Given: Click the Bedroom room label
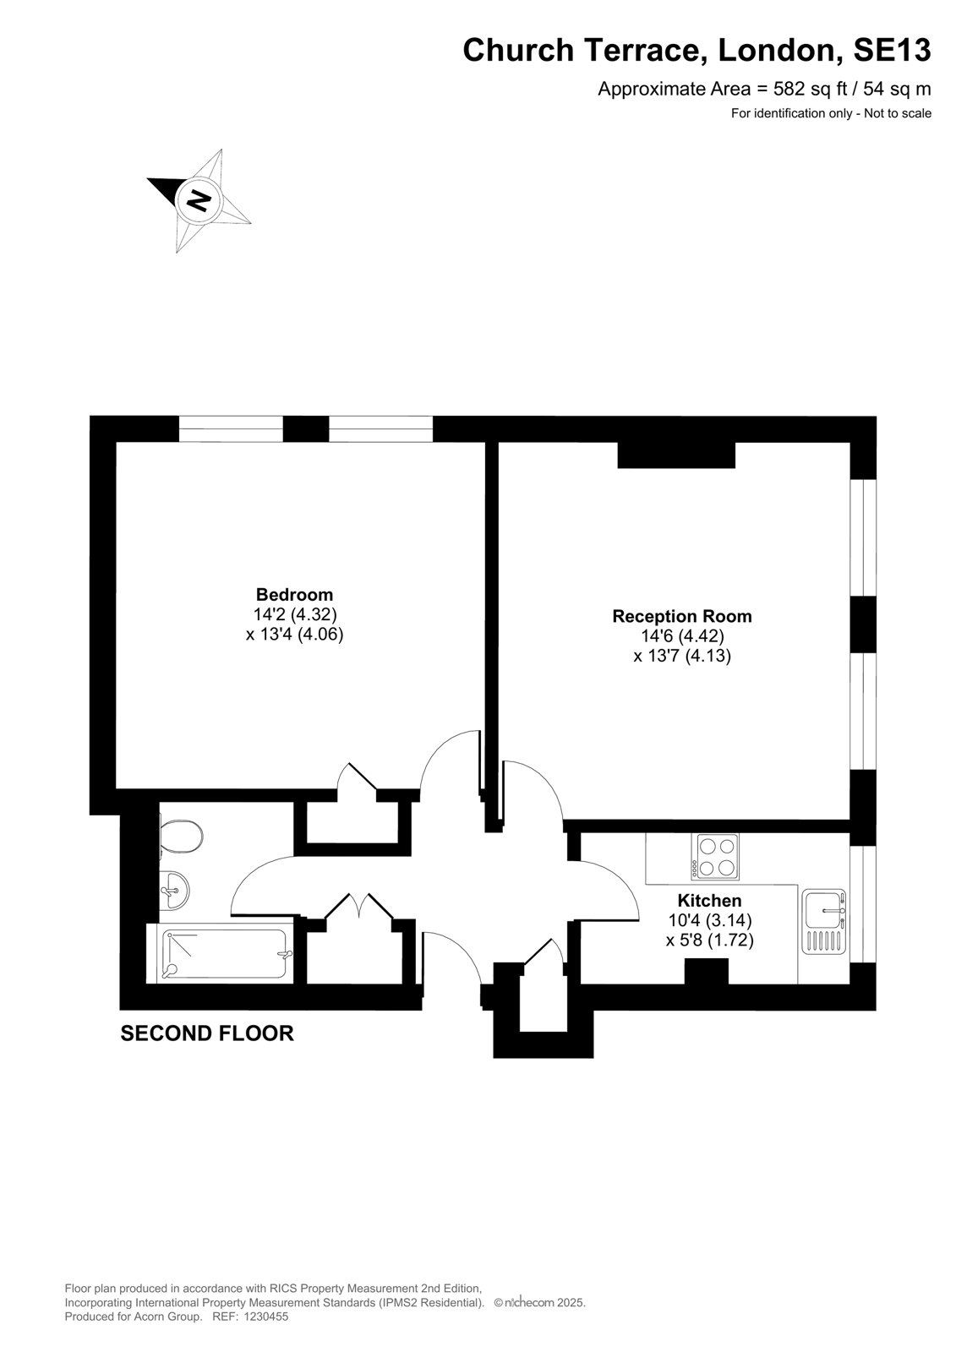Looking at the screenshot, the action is click(x=294, y=594).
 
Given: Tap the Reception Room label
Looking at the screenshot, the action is click(x=682, y=616).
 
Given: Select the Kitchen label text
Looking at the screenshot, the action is click(x=709, y=900).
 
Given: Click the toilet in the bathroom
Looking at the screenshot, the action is click(x=181, y=836).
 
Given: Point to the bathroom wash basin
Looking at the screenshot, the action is click(x=174, y=891).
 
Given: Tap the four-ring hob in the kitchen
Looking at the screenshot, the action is click(x=715, y=857).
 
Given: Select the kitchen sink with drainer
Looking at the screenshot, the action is click(x=824, y=921).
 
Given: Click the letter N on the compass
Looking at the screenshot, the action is click(x=198, y=199).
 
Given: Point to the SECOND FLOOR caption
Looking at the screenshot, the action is click(x=207, y=1033).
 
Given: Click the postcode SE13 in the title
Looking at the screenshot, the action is click(x=892, y=50).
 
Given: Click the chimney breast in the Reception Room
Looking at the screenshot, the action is click(x=675, y=455).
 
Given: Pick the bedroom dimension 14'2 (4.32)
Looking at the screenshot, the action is click(x=294, y=614).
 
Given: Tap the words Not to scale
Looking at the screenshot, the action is click(x=898, y=113).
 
